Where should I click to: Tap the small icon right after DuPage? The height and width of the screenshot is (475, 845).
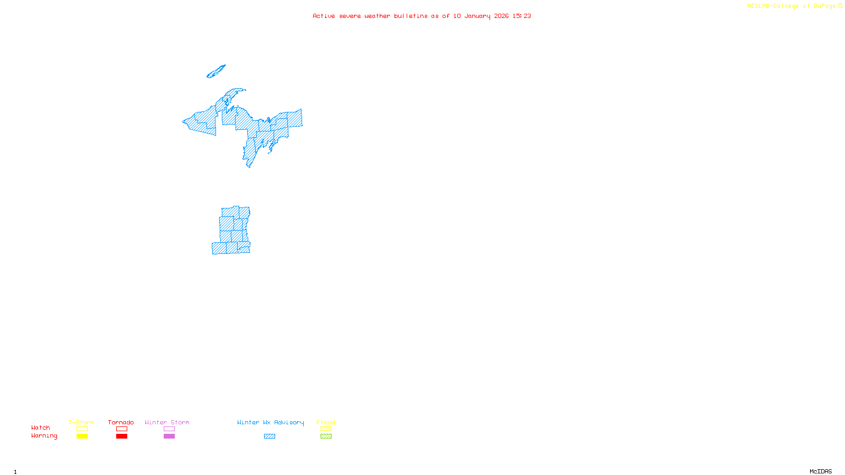pos(840,6)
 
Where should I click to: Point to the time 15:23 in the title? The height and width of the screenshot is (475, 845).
pos(522,16)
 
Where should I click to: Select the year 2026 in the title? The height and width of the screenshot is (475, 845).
pos(501,16)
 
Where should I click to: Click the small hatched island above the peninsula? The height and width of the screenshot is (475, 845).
pos(216,72)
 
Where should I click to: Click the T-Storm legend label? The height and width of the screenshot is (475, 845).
pos(81,422)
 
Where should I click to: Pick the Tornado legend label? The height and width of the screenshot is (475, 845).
pos(121,422)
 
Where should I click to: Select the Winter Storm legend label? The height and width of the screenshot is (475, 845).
pos(167,422)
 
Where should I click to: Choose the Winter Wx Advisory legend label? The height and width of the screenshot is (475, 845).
pos(270,422)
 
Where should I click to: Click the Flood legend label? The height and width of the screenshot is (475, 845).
pos(326,422)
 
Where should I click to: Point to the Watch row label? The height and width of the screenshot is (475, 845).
pos(41,427)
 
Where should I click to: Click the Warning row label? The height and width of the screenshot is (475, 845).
pos(44,436)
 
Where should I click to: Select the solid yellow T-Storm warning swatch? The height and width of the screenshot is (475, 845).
pos(82,436)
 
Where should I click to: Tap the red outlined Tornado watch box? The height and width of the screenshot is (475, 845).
pos(121,429)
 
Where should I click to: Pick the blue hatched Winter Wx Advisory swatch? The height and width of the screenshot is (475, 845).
pos(269,436)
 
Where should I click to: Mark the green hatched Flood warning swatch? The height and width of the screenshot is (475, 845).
pos(326,436)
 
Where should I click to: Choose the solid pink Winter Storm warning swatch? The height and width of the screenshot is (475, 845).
pos(169,436)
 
